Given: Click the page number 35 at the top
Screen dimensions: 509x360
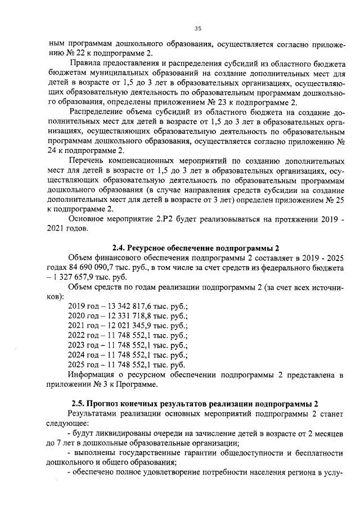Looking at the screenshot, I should click(197, 29).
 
